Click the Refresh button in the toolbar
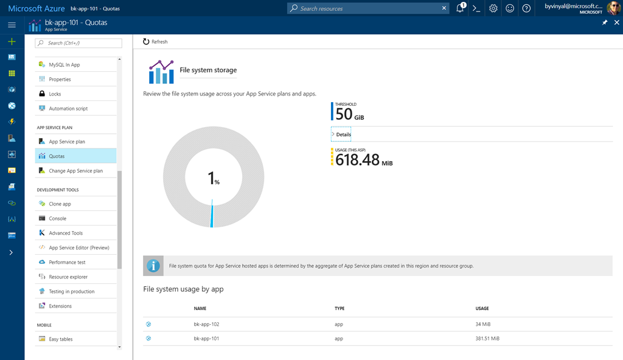click(155, 41)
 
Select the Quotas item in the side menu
click(57, 156)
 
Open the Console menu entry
click(58, 218)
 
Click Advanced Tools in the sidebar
click(66, 233)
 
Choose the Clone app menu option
click(60, 204)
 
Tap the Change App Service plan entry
click(75, 171)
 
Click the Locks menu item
click(55, 94)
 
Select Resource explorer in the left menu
click(68, 277)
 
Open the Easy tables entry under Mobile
click(61, 339)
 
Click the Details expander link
click(343, 134)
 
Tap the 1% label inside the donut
click(214, 179)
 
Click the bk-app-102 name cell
click(206, 324)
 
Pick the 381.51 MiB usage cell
click(487, 339)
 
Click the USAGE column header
click(482, 308)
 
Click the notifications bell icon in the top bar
click(461, 8)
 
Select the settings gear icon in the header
click(493, 8)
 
